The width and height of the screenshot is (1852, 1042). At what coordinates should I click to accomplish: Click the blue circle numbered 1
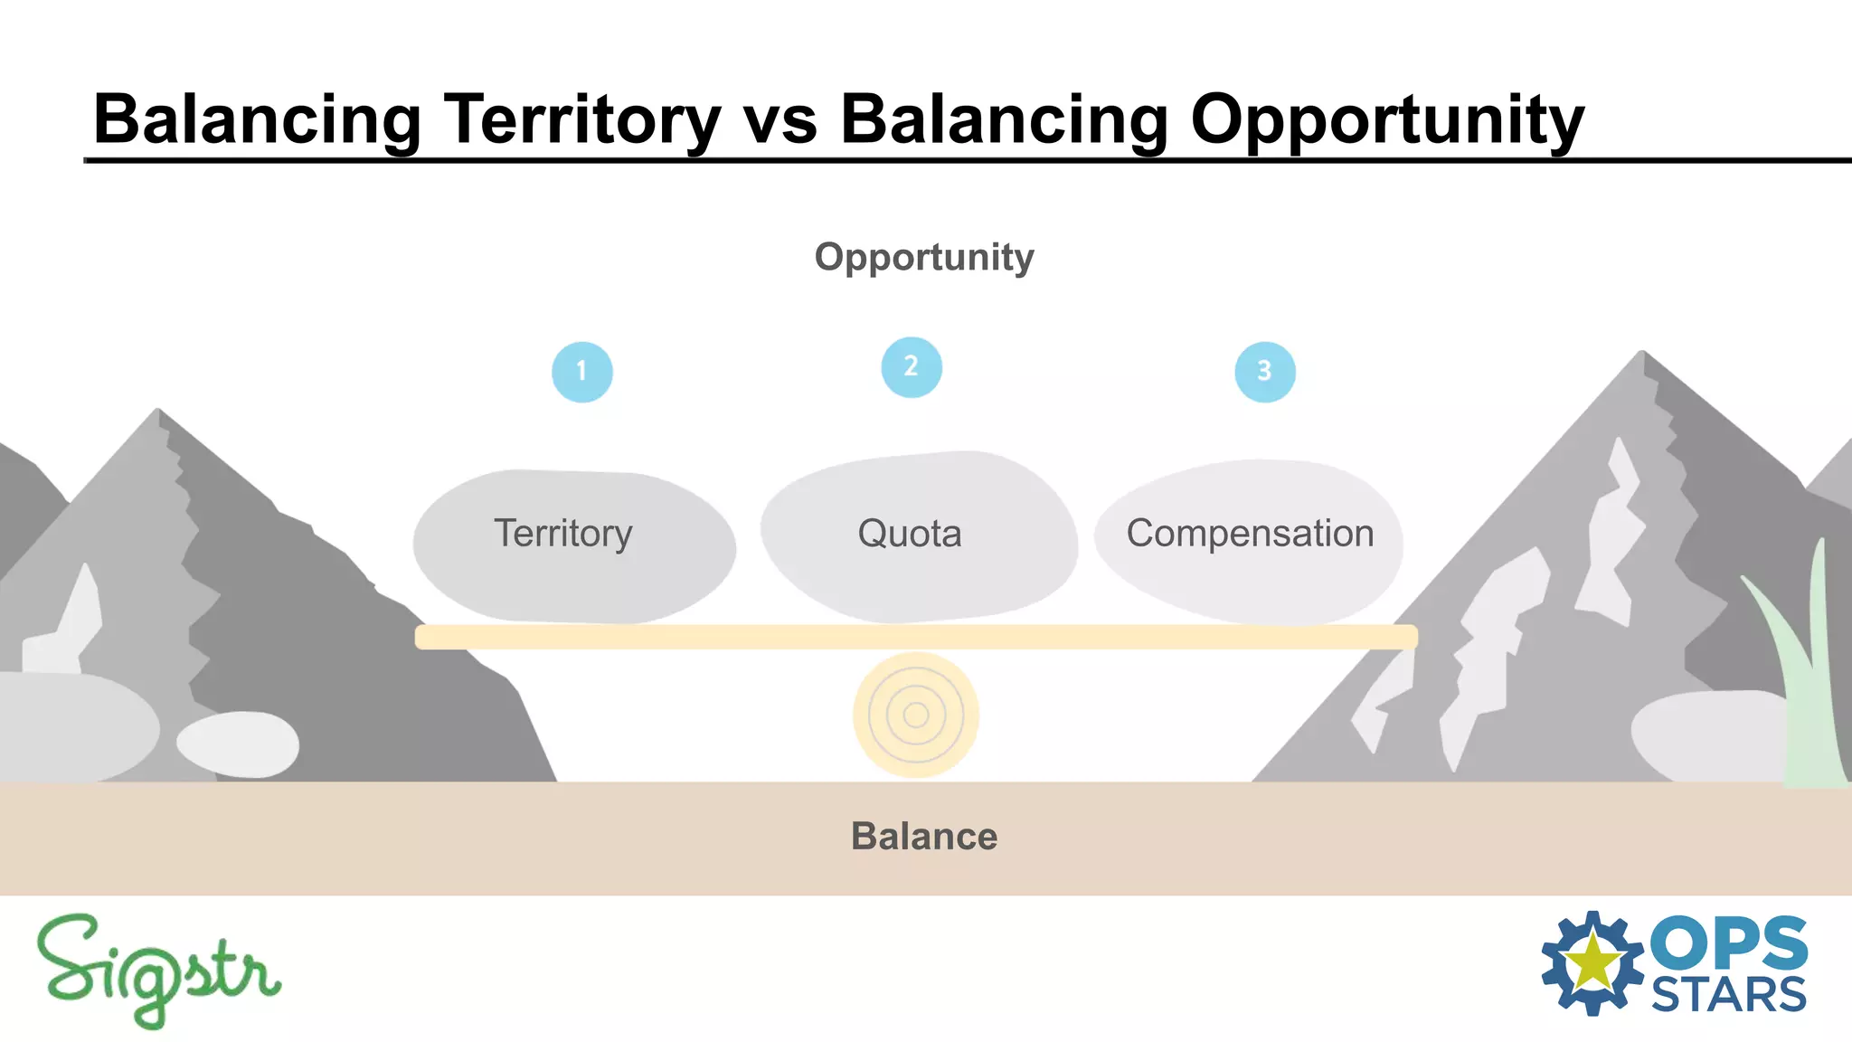point(581,372)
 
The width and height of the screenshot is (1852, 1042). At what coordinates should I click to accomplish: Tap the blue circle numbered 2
point(912,367)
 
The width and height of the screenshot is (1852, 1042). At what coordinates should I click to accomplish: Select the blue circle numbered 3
point(1264,372)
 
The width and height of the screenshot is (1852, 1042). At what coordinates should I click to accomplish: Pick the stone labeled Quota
point(918,538)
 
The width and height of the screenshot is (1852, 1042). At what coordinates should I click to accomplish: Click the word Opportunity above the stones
point(923,258)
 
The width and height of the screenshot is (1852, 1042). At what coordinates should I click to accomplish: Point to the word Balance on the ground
point(923,837)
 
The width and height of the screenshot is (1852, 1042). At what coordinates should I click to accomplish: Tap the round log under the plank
point(915,715)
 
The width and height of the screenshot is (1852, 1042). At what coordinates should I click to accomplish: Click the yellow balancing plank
point(915,637)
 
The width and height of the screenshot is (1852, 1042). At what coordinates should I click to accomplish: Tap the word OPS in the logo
point(1728,943)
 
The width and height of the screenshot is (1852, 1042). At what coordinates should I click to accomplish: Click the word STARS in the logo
point(1728,996)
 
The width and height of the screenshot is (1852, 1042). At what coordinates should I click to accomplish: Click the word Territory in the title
point(581,120)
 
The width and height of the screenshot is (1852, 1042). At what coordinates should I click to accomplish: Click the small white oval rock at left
point(238,744)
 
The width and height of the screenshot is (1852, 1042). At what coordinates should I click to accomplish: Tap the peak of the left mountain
point(158,412)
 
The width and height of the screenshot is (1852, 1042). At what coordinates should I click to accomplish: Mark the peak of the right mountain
point(1642,354)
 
